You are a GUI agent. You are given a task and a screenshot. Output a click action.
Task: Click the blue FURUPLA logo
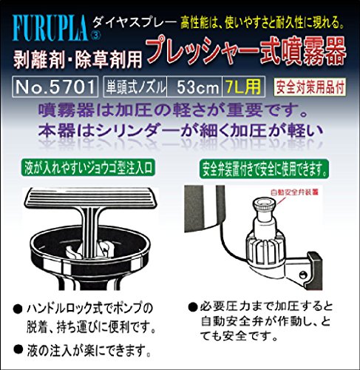click(50, 28)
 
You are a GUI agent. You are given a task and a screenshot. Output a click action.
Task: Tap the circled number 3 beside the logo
click(96, 36)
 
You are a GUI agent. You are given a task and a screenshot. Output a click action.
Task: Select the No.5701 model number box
click(55, 87)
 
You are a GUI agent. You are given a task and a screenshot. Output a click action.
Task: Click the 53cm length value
click(197, 87)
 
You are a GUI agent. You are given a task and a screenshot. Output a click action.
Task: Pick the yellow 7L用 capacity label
click(243, 87)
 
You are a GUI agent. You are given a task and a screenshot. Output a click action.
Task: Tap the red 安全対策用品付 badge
click(310, 87)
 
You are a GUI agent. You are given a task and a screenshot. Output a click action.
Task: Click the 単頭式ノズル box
click(135, 87)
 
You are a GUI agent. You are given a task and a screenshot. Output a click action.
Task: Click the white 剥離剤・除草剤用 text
click(78, 59)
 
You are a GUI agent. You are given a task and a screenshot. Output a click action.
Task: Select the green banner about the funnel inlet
click(88, 168)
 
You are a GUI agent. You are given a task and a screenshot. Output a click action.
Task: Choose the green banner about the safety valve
click(264, 169)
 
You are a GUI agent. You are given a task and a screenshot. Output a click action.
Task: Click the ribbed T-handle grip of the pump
click(91, 198)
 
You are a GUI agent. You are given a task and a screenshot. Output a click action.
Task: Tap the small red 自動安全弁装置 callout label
click(294, 192)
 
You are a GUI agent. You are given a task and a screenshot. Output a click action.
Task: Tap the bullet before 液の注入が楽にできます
click(18, 349)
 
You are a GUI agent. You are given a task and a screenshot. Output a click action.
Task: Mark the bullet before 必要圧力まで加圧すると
click(193, 307)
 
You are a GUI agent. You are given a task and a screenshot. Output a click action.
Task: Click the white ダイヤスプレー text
click(135, 23)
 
